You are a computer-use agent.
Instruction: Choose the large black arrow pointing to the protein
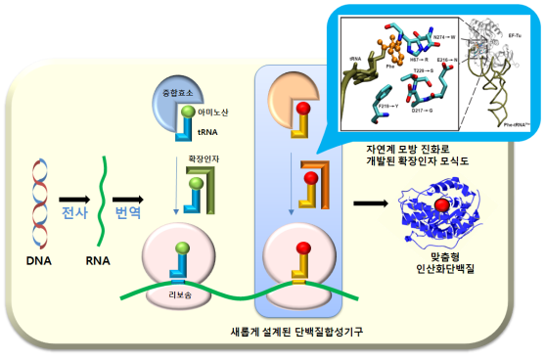(x=370, y=202)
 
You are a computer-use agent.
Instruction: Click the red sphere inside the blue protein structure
(x=444, y=203)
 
